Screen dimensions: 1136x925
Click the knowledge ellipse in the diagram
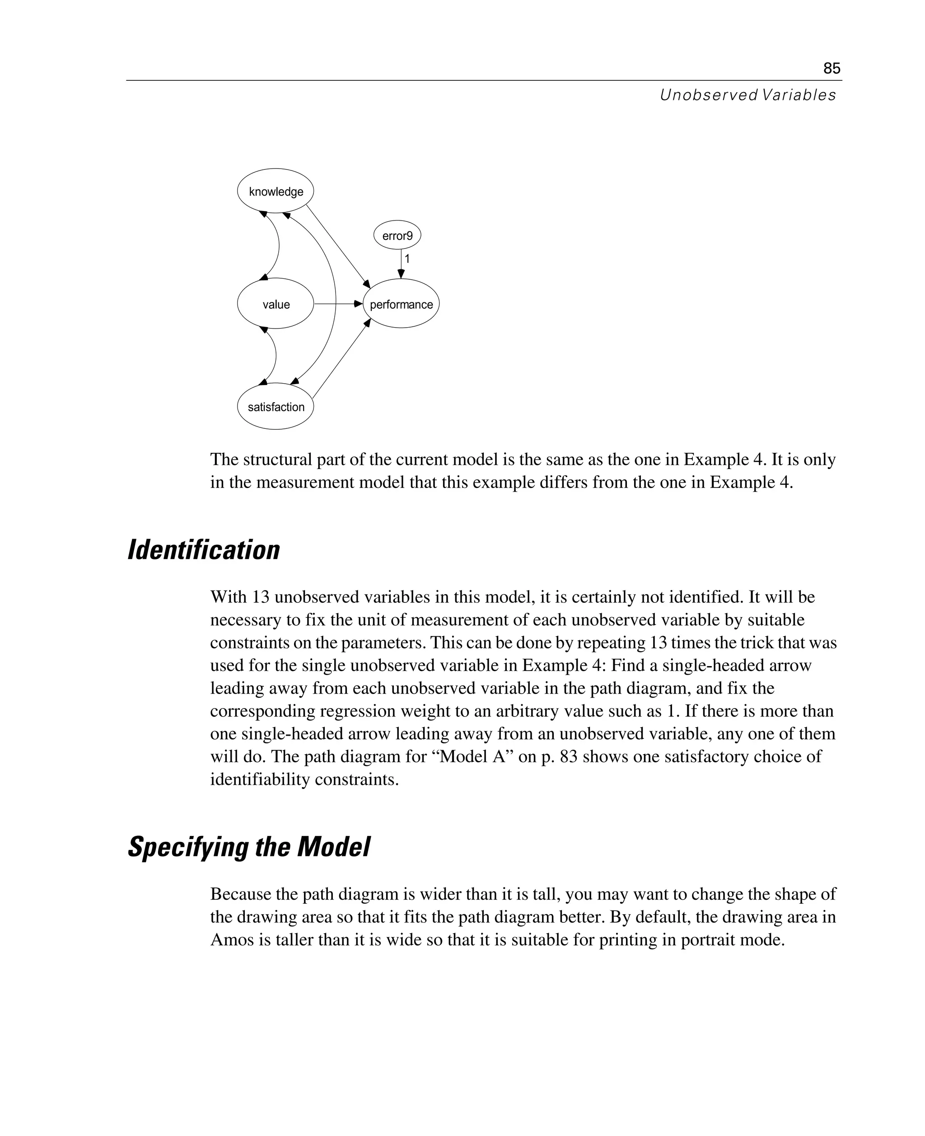pos(276,191)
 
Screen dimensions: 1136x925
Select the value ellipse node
pos(276,304)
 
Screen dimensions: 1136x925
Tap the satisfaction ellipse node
pos(276,407)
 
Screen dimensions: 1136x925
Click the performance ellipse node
pos(401,304)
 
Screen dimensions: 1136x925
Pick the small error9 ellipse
pos(397,235)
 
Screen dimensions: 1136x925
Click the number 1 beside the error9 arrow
pos(407,259)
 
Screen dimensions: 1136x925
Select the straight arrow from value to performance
pos(337,304)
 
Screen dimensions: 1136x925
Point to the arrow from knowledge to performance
pos(338,245)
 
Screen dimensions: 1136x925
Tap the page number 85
pos(831,68)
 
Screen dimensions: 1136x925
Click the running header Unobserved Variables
pos(747,95)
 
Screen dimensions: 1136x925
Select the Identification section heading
pos(204,549)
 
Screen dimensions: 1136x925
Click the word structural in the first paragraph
pos(276,459)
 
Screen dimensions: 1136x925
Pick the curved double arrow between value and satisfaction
pos(276,356)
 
